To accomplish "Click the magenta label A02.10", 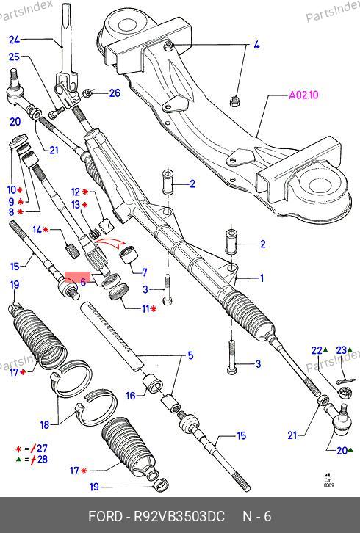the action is point(303,95).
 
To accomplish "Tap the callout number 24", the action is point(14,40).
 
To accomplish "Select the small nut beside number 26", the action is point(88,92).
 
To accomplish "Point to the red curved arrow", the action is point(110,244).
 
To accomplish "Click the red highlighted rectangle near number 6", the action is point(77,277).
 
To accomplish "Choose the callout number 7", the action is point(145,272).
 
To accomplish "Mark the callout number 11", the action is point(145,308).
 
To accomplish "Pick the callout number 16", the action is point(131,396).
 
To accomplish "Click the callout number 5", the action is point(190,355).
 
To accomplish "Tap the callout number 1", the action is point(262,278).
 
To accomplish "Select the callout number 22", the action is point(316,350).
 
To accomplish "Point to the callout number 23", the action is point(342,350).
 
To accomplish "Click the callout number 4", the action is point(256,45).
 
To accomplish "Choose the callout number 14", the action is point(37,230).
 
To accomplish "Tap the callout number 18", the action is point(45,424).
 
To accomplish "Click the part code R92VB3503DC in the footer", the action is point(179,516).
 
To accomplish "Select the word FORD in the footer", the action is point(105,516).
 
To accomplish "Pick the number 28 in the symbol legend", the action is point(43,460).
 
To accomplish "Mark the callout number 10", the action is point(12,190).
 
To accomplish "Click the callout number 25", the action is point(14,57).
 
